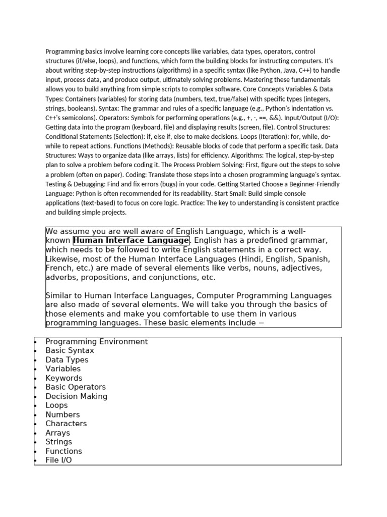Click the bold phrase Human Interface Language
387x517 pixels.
[131, 240]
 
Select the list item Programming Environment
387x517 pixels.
[96, 342]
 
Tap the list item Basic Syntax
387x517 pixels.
[70, 351]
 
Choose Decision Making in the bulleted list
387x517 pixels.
[76, 396]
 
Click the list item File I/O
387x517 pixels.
[58, 460]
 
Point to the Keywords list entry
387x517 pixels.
[63, 378]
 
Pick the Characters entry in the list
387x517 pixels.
[66, 424]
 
